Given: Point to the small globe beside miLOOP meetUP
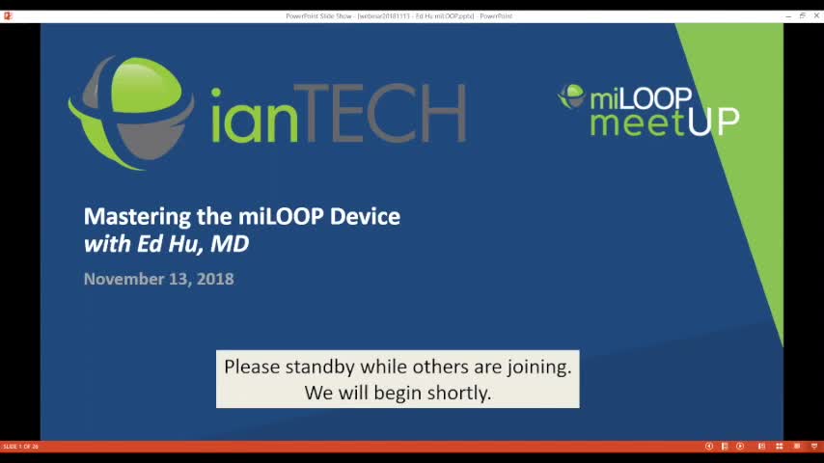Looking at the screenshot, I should [x=571, y=95].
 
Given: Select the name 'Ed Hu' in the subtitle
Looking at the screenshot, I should [x=169, y=243].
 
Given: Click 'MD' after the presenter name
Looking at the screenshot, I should [x=230, y=243].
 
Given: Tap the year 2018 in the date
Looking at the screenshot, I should [x=215, y=279].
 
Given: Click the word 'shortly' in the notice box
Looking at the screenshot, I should [x=458, y=393].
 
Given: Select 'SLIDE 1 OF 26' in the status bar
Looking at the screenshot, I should [x=20, y=447].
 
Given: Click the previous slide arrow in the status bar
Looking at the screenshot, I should [x=709, y=447].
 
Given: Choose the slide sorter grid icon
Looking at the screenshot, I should [x=779, y=447].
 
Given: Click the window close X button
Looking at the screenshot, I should [x=814, y=15].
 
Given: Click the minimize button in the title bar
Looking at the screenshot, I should [x=789, y=15].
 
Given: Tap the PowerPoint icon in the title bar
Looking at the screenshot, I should [x=8, y=15].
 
